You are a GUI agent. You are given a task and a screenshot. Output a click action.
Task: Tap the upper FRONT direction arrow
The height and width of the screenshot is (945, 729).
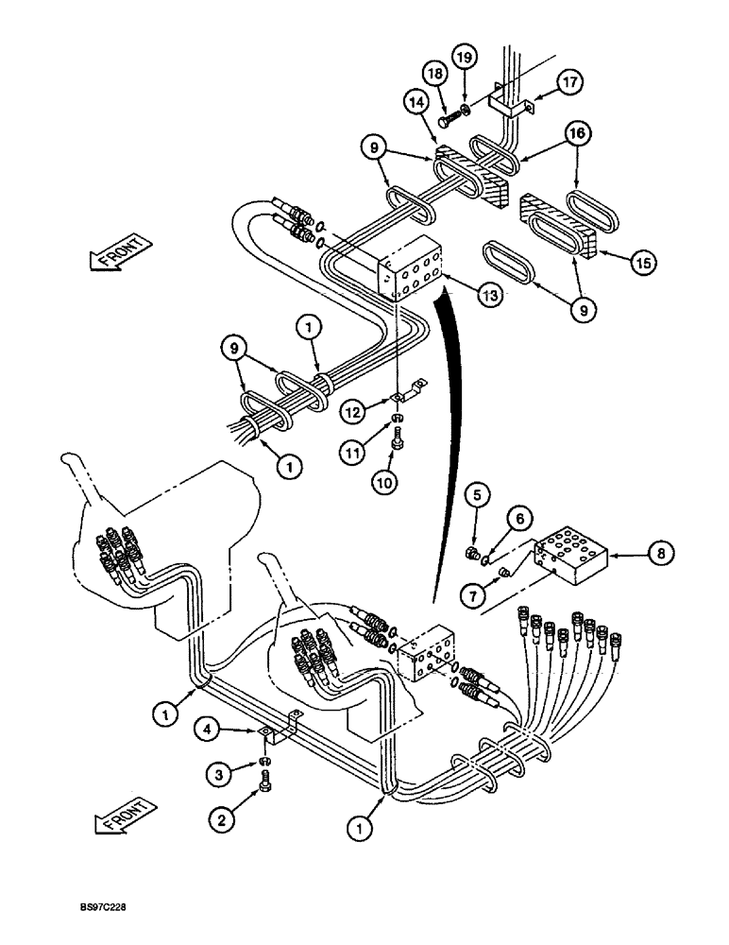point(121,253)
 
